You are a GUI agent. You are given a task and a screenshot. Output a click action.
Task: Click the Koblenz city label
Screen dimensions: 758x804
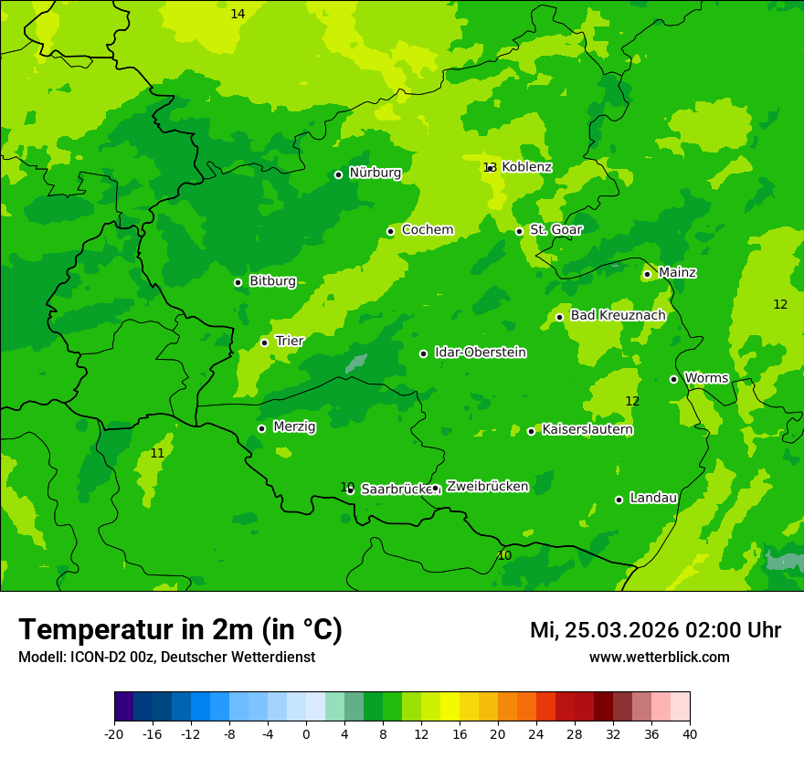point(526,167)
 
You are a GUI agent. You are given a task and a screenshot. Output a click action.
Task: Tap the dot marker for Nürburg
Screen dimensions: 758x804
point(338,174)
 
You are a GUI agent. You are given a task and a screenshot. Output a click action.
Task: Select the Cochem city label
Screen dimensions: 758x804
point(427,230)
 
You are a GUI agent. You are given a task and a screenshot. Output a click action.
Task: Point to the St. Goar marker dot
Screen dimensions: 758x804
point(519,231)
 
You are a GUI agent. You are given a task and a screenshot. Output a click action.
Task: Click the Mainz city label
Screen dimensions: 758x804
point(677,272)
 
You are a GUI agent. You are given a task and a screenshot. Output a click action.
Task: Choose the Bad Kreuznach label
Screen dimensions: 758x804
point(618,315)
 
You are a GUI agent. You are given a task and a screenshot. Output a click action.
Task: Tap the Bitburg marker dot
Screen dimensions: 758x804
point(238,282)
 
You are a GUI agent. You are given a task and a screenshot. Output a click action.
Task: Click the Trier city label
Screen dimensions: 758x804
point(290,341)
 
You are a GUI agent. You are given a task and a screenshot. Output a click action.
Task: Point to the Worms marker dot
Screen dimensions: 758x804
point(673,379)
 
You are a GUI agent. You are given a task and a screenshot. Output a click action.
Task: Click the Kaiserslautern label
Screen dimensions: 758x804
point(587,429)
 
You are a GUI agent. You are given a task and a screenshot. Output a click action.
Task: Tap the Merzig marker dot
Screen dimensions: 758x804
point(261,428)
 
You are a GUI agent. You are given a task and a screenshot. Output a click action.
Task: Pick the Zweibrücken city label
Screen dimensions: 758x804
point(487,487)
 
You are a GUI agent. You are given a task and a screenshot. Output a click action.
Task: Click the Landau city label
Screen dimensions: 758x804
point(653,498)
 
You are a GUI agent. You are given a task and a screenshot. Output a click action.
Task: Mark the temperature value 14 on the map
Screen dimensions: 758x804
point(238,14)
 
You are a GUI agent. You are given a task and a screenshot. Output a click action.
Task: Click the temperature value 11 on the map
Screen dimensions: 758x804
point(157,453)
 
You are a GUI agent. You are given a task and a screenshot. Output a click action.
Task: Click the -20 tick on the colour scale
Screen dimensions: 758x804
point(114,733)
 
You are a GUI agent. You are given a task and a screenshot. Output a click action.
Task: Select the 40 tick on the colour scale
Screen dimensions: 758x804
point(690,733)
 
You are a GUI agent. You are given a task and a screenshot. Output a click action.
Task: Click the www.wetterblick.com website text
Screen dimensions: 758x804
point(659,658)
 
